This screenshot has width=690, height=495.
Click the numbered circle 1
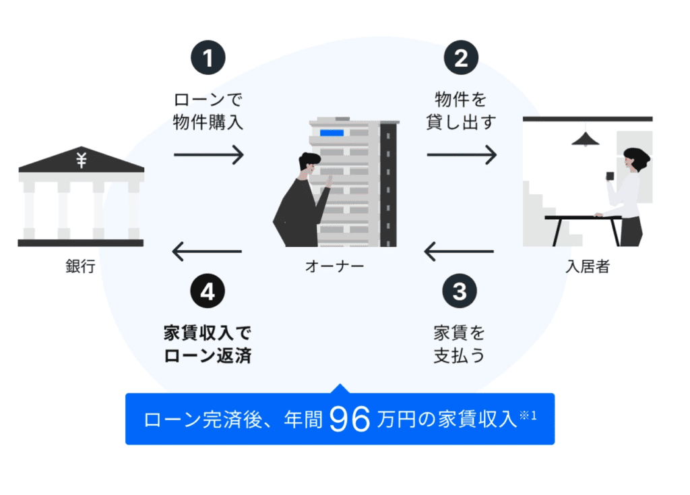[x=208, y=59]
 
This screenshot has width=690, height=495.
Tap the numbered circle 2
[x=461, y=59]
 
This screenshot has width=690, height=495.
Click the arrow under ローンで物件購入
[x=208, y=155]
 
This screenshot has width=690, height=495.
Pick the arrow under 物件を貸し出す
[x=462, y=155]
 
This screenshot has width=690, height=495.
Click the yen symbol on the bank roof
[x=82, y=161]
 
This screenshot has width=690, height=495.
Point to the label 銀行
[x=80, y=266]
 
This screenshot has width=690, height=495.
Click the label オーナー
[x=334, y=266]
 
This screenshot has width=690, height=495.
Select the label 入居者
[x=588, y=266]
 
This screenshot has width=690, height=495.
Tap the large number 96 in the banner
[x=350, y=419]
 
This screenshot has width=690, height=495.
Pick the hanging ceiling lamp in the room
[x=586, y=138]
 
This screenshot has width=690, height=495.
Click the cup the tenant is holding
[x=610, y=176]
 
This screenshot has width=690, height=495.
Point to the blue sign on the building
[x=332, y=132]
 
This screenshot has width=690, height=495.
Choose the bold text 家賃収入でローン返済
[x=208, y=345]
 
